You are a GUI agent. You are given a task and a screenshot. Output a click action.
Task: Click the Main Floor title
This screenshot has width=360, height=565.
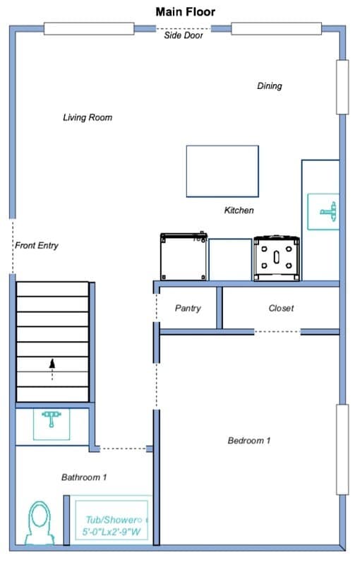point(186,11)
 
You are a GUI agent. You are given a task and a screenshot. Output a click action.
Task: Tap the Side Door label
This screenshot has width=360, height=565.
point(184,35)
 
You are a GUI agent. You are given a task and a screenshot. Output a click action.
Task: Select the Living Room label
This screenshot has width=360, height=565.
point(88,117)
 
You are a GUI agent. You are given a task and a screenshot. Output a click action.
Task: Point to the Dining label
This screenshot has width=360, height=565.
point(269,85)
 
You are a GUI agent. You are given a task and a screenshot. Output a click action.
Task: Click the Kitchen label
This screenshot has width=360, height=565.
point(239,210)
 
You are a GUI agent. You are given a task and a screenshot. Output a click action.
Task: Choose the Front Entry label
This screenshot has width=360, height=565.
point(37,245)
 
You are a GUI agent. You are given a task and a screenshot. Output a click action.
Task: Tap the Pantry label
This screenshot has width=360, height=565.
point(188,308)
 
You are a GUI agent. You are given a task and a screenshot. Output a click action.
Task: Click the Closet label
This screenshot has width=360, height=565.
point(281,308)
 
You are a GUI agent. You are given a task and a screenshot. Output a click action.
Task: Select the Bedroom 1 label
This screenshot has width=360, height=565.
point(248,440)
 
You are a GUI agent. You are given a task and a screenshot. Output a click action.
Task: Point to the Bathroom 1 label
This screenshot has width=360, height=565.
point(84,477)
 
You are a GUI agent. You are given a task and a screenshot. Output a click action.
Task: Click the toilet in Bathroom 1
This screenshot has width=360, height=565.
point(40,523)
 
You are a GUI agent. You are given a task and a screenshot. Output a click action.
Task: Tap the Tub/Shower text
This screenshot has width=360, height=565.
point(114,520)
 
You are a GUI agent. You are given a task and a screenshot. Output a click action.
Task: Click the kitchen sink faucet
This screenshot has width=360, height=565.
point(329,211)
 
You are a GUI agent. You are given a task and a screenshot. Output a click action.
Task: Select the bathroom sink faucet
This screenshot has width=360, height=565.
point(52,418)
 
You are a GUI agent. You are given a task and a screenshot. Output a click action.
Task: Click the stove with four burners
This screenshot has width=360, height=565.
point(277,258)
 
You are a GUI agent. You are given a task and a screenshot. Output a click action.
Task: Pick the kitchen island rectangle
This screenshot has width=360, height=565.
point(222,171)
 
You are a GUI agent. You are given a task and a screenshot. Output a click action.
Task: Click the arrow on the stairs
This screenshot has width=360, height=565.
point(52,369)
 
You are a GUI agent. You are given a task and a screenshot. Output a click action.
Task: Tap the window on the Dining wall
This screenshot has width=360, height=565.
point(342,87)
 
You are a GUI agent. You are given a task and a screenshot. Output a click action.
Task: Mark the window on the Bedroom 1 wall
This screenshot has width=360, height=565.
point(342,449)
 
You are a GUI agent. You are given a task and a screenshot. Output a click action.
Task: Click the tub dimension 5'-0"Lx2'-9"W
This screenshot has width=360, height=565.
point(112,532)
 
